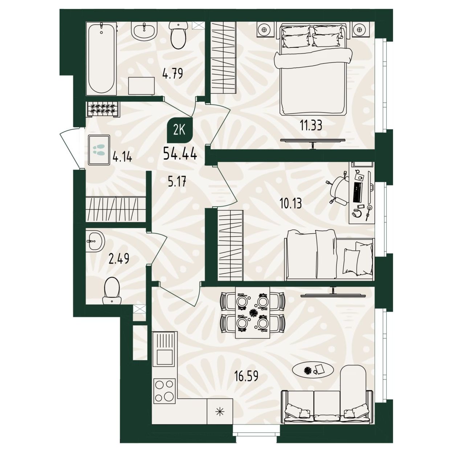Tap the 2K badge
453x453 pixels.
[x=180, y=130]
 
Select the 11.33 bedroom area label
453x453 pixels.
[x=311, y=126]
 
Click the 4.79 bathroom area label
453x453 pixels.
[x=173, y=73]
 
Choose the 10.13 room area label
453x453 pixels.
[x=290, y=203]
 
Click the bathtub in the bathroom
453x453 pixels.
[x=101, y=58]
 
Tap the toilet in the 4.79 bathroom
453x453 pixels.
[x=178, y=35]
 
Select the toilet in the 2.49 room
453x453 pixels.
[x=112, y=290]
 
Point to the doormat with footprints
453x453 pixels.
[x=99, y=150]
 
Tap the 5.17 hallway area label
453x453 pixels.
[x=177, y=181]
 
